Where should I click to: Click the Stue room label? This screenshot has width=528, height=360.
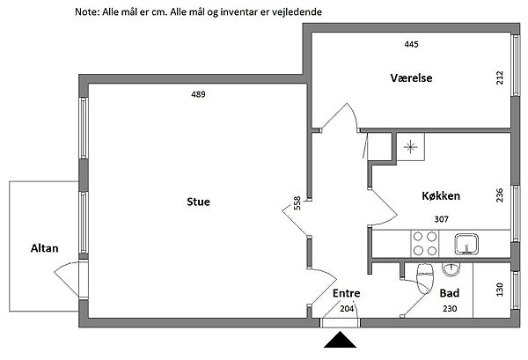[x=198, y=202]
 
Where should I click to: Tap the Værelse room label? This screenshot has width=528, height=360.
[x=411, y=77]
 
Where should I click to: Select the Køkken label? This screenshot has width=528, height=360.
[x=441, y=195]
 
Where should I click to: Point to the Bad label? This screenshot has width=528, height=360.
[x=450, y=293]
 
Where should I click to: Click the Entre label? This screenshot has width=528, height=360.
[x=346, y=293]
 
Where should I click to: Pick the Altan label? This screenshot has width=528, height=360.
[x=45, y=248]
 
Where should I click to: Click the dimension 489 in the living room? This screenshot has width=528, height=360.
[x=198, y=94]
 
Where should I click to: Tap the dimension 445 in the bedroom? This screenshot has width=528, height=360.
[x=412, y=44]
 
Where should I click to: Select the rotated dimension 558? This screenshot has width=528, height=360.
[x=297, y=203]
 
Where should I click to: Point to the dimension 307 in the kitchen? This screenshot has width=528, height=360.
[x=442, y=219]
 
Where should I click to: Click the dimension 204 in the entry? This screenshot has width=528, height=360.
[x=347, y=308]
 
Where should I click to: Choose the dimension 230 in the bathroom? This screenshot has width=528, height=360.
[x=450, y=308]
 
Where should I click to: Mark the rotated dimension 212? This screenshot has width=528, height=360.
[x=500, y=77]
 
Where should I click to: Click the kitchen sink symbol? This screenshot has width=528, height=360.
[x=466, y=244]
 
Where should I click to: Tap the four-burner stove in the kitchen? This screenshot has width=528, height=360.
[x=425, y=243]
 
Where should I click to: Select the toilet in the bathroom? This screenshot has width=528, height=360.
[x=425, y=278]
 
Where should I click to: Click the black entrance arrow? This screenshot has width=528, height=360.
[x=340, y=340]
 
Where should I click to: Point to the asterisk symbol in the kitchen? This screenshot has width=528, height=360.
[x=410, y=147]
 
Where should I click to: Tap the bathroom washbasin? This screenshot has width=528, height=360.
[x=451, y=269]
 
